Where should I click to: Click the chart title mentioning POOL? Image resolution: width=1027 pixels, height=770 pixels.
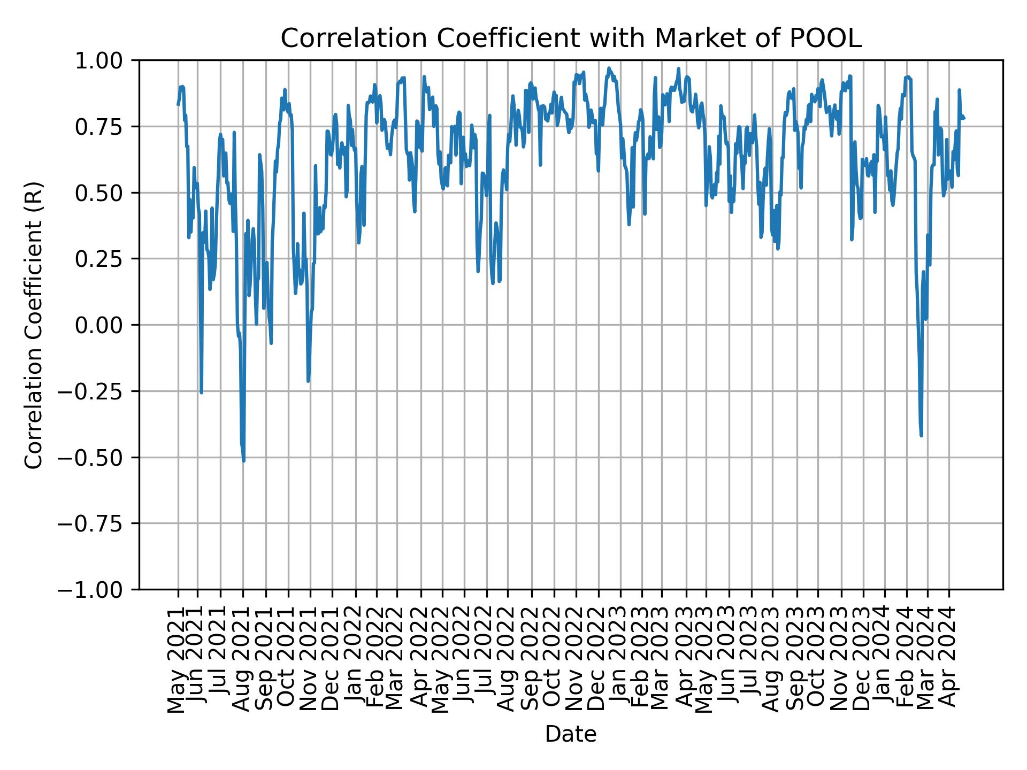pyautogui.click(x=571, y=38)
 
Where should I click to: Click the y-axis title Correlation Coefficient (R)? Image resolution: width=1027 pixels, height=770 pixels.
pyautogui.click(x=34, y=325)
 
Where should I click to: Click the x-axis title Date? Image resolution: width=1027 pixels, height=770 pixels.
pyautogui.click(x=571, y=734)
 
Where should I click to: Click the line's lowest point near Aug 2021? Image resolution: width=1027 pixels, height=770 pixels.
pyautogui.click(x=244, y=460)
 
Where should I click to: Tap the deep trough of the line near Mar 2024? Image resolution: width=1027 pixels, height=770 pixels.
pyautogui.click(x=921, y=435)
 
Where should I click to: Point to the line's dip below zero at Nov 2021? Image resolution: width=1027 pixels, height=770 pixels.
pyautogui.click(x=308, y=381)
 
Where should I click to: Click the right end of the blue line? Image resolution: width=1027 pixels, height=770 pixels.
pyautogui.click(x=964, y=118)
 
